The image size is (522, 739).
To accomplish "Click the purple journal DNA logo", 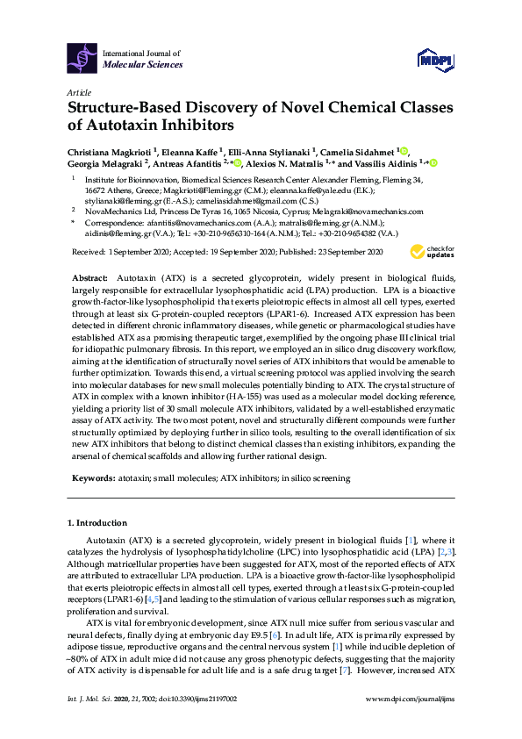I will tap(82, 58).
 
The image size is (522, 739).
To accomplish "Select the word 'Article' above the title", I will tap(78, 92).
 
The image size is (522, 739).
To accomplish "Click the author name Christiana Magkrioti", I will tap(107, 151).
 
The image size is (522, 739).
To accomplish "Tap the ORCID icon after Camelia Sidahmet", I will tap(404, 150).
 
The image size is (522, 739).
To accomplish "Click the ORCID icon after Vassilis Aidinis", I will tap(433, 162).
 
